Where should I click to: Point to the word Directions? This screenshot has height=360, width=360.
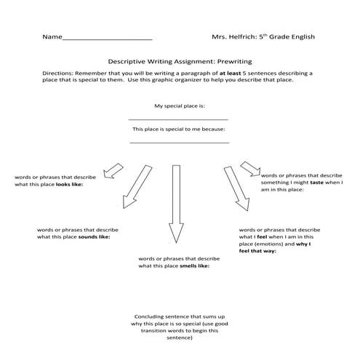click(x=58, y=74)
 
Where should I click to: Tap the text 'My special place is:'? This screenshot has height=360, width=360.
click(x=180, y=105)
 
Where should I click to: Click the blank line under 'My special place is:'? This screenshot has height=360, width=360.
click(x=179, y=119)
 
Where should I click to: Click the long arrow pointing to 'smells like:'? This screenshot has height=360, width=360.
click(x=175, y=204)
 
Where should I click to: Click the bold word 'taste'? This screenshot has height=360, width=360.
click(x=313, y=183)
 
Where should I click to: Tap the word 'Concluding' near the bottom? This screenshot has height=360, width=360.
click(x=151, y=316)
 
